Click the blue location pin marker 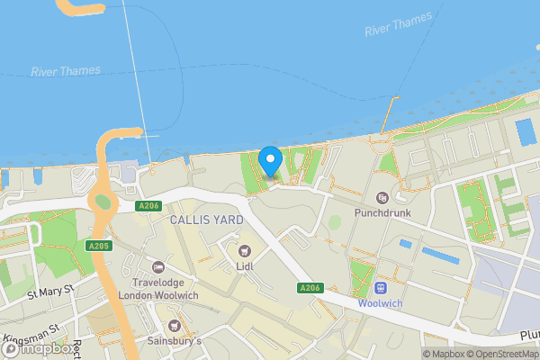[270, 162]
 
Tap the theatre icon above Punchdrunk [381, 198]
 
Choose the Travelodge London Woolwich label [159, 289]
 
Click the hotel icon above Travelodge [159, 266]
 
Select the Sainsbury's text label [175, 341]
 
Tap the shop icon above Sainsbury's [175, 325]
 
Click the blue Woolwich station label [380, 304]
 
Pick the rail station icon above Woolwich [380, 288]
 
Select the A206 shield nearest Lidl [310, 287]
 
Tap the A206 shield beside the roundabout [148, 206]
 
